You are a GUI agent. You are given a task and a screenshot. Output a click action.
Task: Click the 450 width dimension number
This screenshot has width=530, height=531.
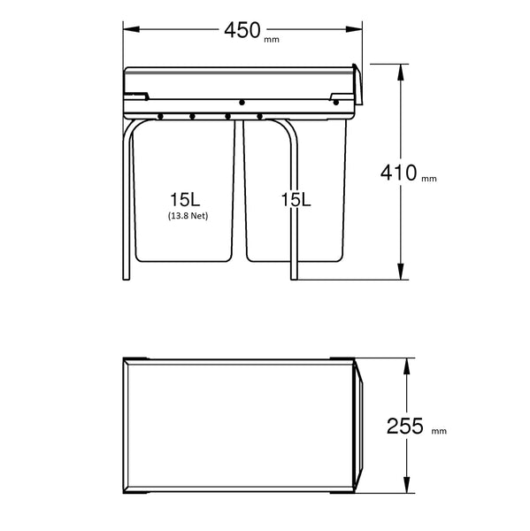pyautogui.click(x=242, y=30)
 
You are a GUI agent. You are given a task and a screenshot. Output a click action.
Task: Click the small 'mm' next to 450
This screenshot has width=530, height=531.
pyautogui.click(x=271, y=38)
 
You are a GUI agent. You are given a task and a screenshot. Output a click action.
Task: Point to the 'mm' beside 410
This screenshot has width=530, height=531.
pyautogui.click(x=429, y=179)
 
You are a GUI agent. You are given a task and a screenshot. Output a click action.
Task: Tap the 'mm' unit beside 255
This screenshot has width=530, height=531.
pyautogui.click(x=438, y=433)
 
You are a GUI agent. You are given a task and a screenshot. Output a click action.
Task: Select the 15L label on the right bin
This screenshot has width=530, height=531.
pyautogui.click(x=296, y=200)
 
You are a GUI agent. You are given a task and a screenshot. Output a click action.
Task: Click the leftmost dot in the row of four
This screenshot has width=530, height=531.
pyautogui.click(x=160, y=115)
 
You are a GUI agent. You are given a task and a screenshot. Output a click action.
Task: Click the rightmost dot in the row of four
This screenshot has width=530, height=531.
pyautogui.click(x=260, y=115)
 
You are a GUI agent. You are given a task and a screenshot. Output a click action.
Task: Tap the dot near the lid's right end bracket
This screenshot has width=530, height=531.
pyautogui.click(x=336, y=102)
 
